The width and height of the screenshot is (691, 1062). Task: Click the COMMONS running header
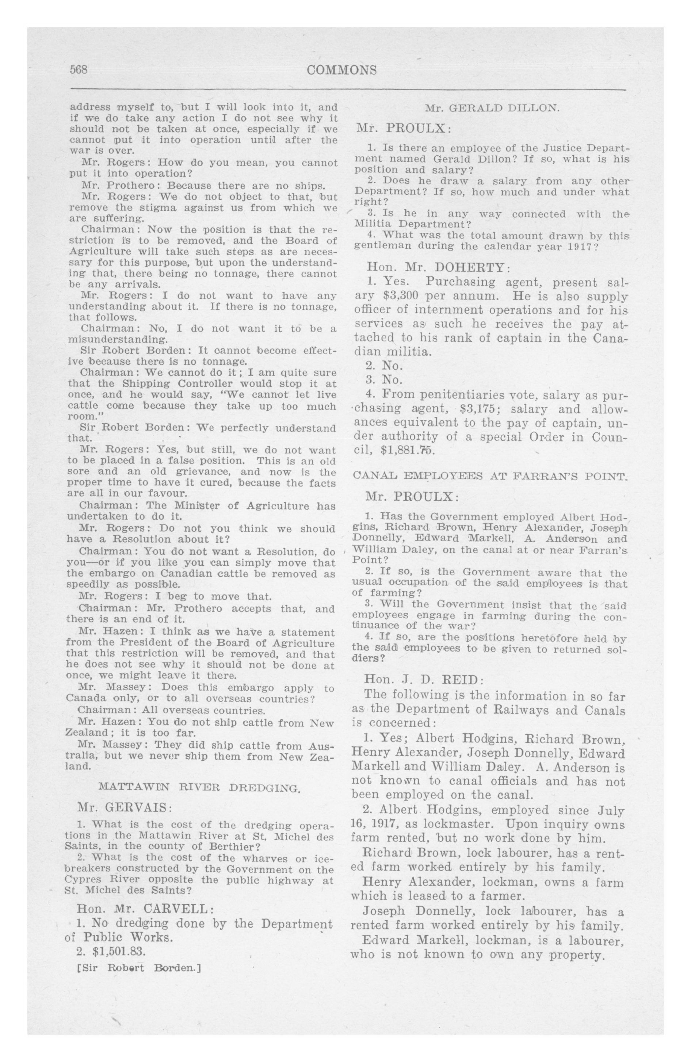[341, 70]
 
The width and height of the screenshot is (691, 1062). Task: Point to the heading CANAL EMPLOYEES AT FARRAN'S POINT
[490, 476]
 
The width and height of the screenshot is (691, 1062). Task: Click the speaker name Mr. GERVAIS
[125, 808]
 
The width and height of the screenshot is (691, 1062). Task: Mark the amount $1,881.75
[408, 450]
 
